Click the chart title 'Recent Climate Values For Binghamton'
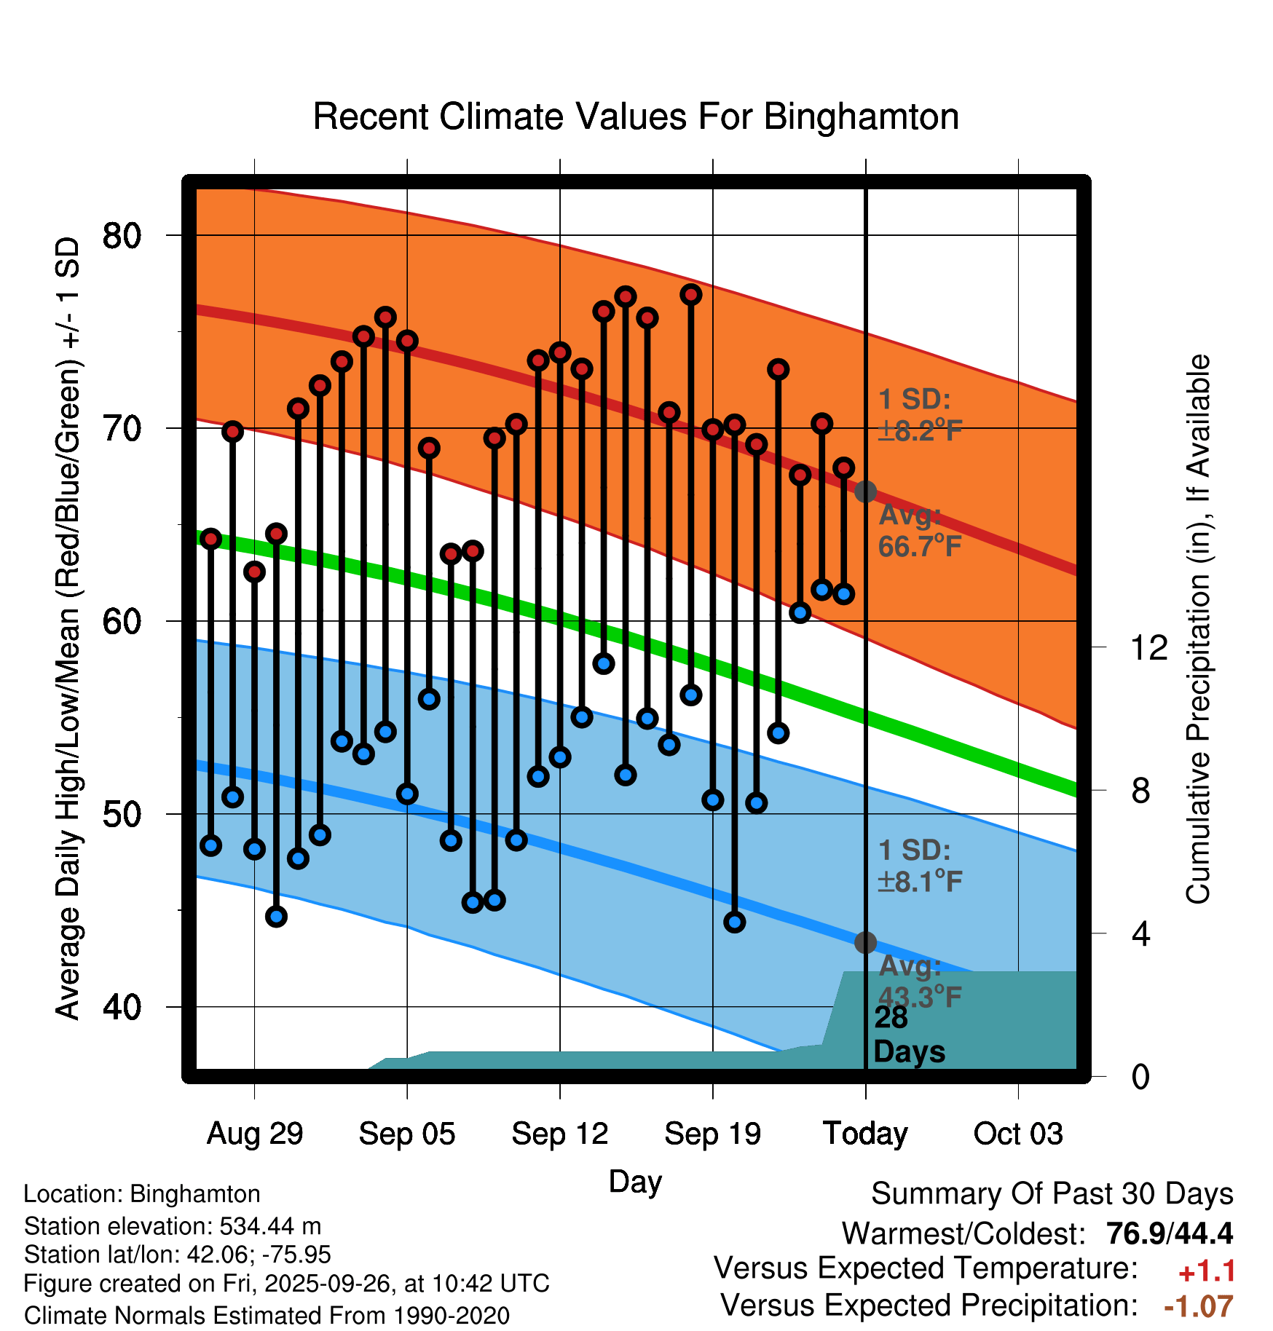(636, 116)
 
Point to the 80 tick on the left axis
(122, 235)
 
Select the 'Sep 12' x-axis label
(559, 1134)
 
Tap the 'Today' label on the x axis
(865, 1134)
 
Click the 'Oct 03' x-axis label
(1018, 1134)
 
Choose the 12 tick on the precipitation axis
(1149, 647)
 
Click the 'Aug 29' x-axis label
(254, 1134)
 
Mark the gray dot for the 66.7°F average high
(865, 491)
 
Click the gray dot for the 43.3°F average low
(865, 942)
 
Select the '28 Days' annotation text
(908, 1035)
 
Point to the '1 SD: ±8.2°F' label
(920, 415)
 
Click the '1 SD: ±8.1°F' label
(920, 866)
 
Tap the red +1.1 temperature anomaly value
(1207, 1271)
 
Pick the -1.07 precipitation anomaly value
(1199, 1306)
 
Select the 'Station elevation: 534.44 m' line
(173, 1226)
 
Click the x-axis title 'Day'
(635, 1181)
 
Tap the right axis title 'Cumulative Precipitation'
(1198, 629)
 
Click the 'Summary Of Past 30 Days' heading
(1052, 1194)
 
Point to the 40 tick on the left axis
(122, 1007)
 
